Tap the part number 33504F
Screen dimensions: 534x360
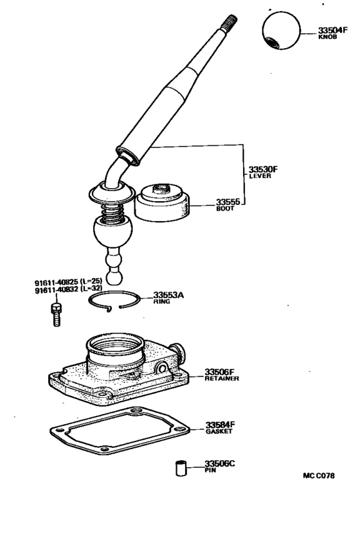pyautogui.click(x=333, y=30)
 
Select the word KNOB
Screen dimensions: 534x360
pyautogui.click(x=328, y=37)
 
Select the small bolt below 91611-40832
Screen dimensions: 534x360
pyautogui.click(x=55, y=314)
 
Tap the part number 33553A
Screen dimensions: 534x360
pyautogui.click(x=168, y=295)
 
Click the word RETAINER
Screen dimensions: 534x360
pyautogui.click(x=222, y=378)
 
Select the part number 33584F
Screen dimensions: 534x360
pyautogui.click(x=221, y=425)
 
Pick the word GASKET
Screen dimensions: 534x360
pyautogui.click(x=219, y=432)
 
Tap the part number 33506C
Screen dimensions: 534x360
pyautogui.click(x=221, y=463)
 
